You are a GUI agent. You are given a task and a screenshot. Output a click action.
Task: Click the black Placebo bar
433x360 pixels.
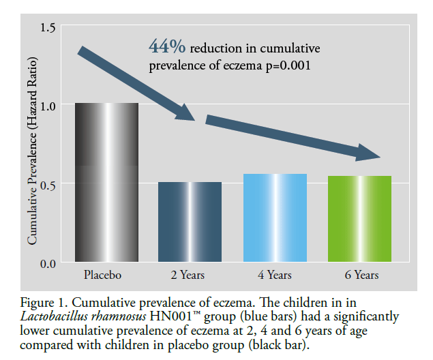click(106, 183)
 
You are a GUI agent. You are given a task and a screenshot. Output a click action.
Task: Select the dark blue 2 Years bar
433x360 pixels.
click(190, 222)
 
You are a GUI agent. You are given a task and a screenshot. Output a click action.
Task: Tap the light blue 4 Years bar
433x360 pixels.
click(275, 218)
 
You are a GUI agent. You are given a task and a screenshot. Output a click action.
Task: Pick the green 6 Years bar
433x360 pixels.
click(359, 219)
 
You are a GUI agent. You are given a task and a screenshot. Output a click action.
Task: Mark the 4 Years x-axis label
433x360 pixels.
click(275, 275)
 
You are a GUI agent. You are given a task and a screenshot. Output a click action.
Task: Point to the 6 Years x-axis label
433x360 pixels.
click(359, 275)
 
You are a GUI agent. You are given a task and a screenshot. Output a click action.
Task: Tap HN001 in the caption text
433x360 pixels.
click(157, 316)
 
